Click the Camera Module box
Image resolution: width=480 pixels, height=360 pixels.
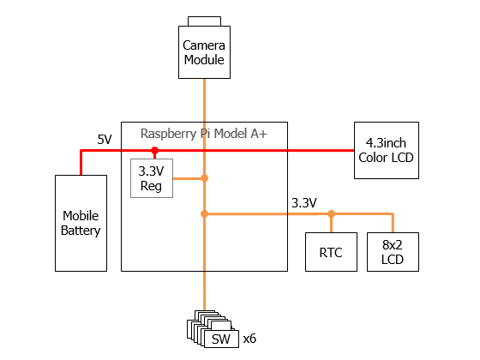pyautogui.click(x=204, y=52)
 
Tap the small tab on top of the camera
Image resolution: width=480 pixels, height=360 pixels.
pyautogui.click(x=204, y=21)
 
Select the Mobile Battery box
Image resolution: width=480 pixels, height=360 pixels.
pyautogui.click(x=81, y=223)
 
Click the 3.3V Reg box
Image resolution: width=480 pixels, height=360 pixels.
pyautogui.click(x=152, y=178)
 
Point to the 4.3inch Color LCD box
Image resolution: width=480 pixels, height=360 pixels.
pyautogui.click(x=387, y=150)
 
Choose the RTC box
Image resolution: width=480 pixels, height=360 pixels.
pyautogui.click(x=331, y=252)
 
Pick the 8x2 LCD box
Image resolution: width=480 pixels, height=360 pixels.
pyautogui.click(x=393, y=252)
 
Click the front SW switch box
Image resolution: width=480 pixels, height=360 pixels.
pyautogui.click(x=221, y=339)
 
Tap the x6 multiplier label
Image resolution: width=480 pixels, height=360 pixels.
pyautogui.click(x=249, y=339)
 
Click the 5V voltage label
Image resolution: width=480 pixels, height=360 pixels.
pyautogui.click(x=105, y=140)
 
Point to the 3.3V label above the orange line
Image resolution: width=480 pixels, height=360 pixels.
pyautogui.click(x=304, y=203)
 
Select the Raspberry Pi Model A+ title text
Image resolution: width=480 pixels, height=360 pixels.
pyautogui.click(x=204, y=134)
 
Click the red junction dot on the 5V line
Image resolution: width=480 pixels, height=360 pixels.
pyautogui.click(x=154, y=150)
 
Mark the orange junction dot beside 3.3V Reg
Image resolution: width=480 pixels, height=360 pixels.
pyautogui.click(x=205, y=178)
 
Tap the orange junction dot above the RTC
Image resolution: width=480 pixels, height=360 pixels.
pyautogui.click(x=331, y=213)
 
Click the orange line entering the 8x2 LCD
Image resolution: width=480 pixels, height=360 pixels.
pyautogui.click(x=393, y=223)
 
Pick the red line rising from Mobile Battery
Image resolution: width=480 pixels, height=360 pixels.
pyautogui.click(x=81, y=162)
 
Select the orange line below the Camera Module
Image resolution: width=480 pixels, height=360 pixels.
pyautogui.click(x=205, y=100)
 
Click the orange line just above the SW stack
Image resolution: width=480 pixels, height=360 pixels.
pyautogui.click(x=205, y=291)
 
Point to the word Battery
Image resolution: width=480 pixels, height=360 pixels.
pyautogui.click(x=81, y=231)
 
